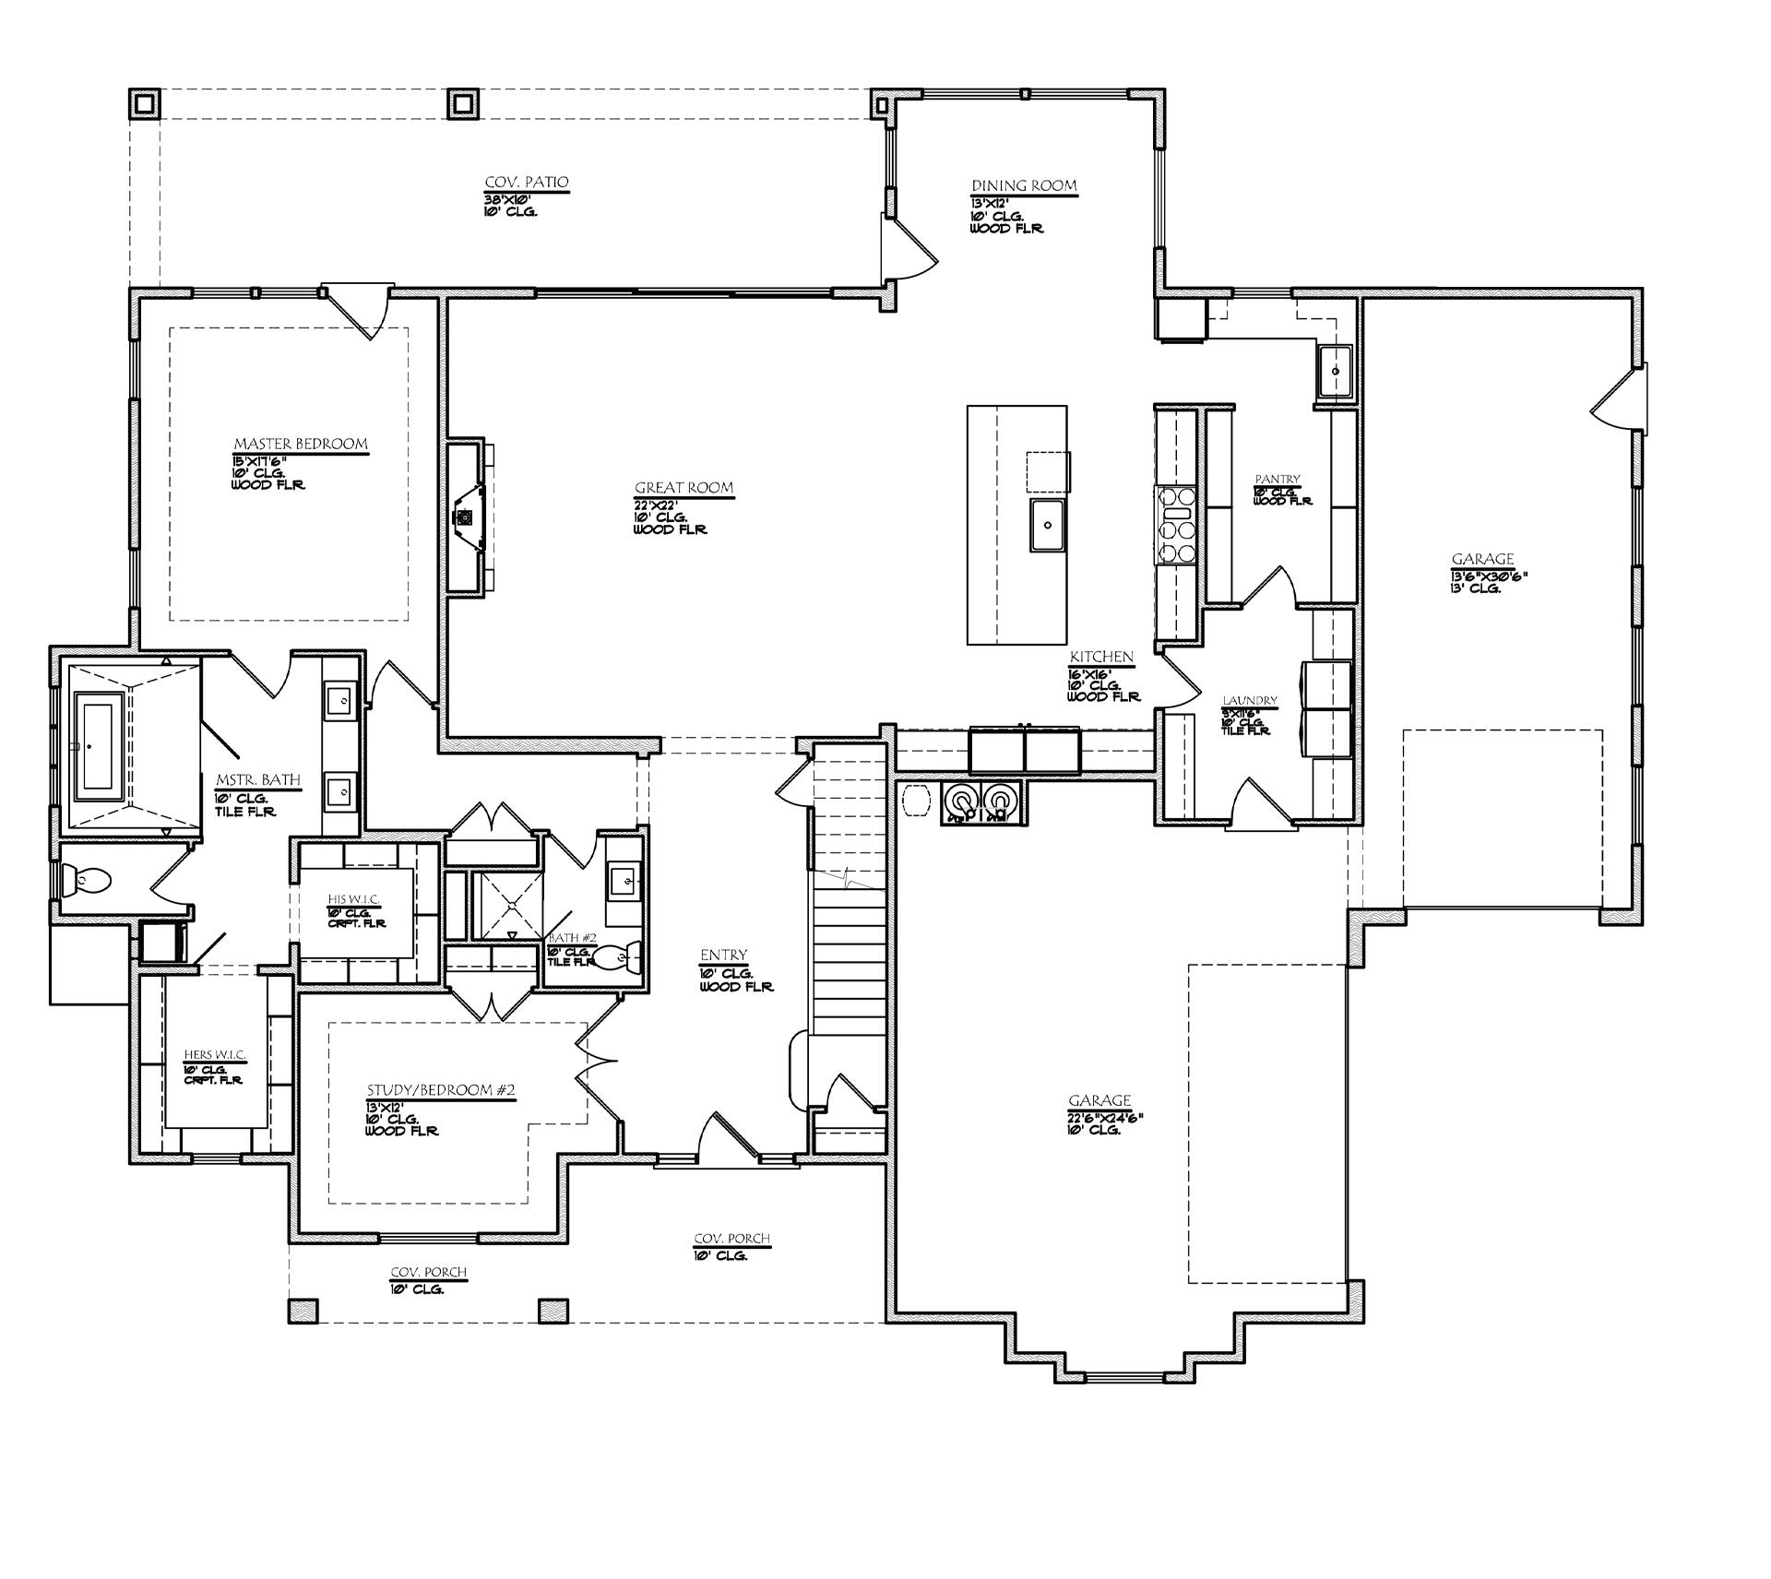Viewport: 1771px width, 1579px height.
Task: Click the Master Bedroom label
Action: click(300, 445)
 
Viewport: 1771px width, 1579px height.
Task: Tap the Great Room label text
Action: click(683, 488)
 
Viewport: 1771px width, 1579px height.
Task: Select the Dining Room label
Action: click(1024, 185)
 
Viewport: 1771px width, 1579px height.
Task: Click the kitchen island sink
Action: click(1048, 525)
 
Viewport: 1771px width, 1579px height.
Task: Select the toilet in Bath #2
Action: click(616, 956)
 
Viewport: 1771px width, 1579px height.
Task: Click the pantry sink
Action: click(1335, 371)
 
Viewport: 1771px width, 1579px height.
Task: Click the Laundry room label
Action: click(1250, 701)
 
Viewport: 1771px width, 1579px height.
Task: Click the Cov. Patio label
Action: click(527, 183)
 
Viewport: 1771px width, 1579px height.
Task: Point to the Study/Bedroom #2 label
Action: click(440, 1090)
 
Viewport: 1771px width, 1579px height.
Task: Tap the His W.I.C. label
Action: click(353, 899)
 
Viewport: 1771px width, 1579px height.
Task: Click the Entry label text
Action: click(723, 956)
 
